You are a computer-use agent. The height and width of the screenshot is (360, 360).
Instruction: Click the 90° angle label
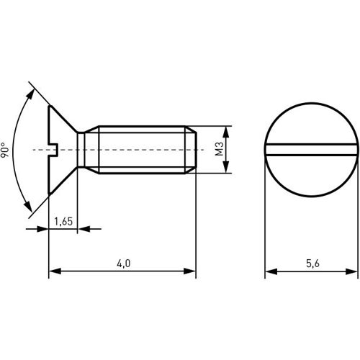click(6, 149)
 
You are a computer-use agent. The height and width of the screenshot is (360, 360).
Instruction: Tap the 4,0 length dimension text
click(122, 264)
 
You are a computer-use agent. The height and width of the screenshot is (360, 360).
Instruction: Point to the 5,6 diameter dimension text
click(312, 264)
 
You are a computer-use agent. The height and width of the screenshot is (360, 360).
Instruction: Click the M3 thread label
click(219, 149)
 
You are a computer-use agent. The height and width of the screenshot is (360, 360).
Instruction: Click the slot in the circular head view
click(311, 150)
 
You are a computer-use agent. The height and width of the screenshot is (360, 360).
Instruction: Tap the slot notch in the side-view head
click(53, 150)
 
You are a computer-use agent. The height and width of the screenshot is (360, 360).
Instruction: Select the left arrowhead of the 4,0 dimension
click(54, 271)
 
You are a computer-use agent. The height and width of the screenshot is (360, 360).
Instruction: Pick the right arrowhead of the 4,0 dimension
click(190, 271)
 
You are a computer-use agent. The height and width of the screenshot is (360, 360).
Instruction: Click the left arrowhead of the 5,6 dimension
click(271, 271)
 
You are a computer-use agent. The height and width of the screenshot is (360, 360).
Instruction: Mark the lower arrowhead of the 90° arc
click(30, 208)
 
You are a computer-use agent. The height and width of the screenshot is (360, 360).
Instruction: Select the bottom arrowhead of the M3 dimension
click(227, 168)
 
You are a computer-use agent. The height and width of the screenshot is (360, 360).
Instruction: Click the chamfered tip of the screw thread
click(192, 150)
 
